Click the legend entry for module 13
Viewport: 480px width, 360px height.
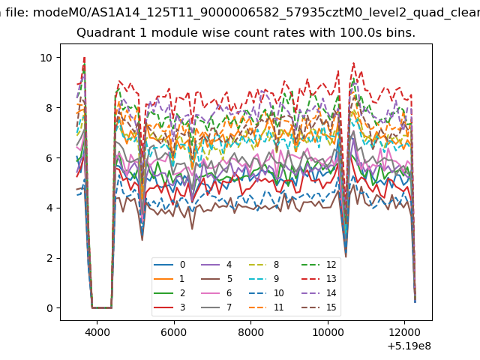319,279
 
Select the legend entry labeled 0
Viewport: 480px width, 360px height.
169,265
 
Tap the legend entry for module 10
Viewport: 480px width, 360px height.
271,293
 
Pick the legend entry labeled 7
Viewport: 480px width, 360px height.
217,307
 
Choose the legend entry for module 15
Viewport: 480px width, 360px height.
319,307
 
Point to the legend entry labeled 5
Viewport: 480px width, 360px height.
217,279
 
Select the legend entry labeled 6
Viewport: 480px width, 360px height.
217,293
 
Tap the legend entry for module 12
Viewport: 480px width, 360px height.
319,265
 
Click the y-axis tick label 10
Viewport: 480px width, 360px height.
46,58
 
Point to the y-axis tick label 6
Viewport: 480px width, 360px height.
49,158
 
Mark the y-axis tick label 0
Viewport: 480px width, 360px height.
49,308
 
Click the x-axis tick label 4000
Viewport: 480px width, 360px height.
97,332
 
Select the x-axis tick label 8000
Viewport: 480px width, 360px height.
251,332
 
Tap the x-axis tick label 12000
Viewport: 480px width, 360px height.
405,332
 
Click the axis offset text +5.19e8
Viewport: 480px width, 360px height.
409,346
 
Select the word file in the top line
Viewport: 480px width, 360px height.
17,13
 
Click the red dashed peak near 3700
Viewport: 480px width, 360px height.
84,58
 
